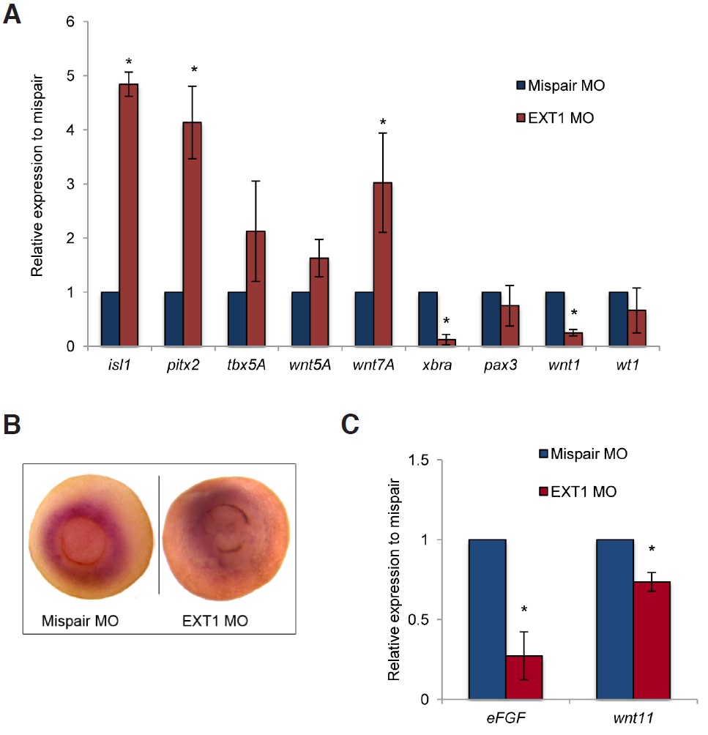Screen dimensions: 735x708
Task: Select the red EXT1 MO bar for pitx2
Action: point(193,234)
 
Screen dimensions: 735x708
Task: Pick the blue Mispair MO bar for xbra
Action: point(428,318)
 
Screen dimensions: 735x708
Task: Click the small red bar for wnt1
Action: point(575,339)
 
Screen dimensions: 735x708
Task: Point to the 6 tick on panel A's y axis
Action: point(72,22)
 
